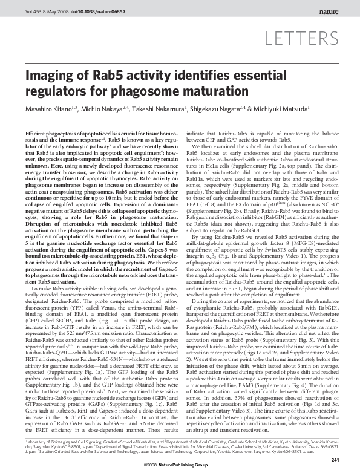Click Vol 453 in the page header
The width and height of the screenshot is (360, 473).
pos(34,11)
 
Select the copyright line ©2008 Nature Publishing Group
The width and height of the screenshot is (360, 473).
pos(180,463)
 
